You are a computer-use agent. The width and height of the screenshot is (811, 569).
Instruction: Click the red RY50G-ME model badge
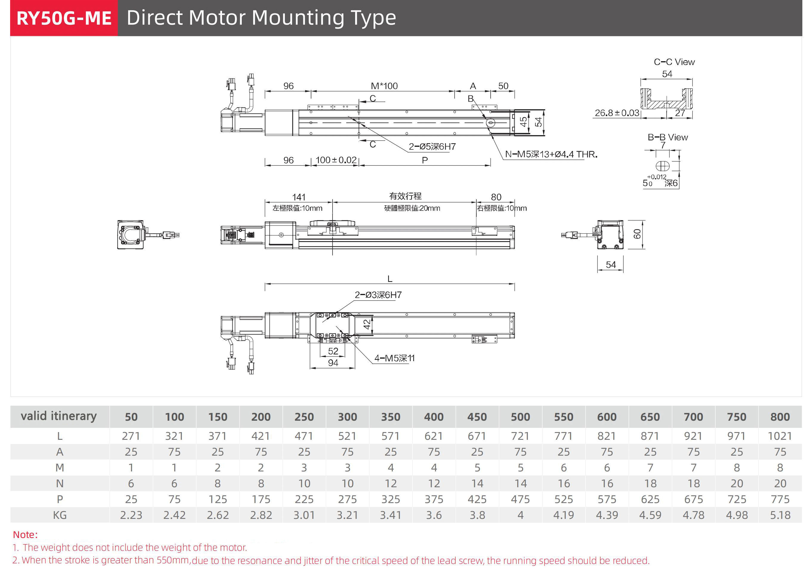(64, 18)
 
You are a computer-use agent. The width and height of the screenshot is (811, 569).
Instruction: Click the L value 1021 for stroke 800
(780, 436)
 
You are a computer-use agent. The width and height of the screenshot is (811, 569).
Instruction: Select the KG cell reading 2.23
(131, 515)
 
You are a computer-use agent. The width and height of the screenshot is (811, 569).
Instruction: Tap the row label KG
(60, 515)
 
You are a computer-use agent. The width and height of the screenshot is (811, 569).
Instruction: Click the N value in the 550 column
(563, 483)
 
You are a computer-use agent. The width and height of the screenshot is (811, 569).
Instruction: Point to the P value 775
(780, 499)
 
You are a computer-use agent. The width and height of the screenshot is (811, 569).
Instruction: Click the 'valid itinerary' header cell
(59, 416)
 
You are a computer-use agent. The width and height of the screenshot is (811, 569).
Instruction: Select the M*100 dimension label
(384, 86)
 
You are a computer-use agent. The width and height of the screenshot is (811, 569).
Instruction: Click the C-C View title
(674, 62)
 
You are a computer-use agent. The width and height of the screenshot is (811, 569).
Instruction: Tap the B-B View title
(668, 137)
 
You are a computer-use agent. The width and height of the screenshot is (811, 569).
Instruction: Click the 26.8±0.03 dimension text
(617, 113)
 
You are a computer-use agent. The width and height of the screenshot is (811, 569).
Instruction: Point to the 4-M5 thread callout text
(394, 358)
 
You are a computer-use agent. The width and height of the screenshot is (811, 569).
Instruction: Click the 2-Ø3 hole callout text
(378, 295)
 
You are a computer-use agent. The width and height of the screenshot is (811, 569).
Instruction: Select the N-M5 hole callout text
(551, 155)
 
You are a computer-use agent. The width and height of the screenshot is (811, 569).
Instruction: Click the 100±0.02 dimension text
(336, 160)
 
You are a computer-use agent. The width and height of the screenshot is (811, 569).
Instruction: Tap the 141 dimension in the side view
(299, 197)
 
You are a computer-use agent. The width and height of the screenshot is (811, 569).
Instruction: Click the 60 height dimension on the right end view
(637, 234)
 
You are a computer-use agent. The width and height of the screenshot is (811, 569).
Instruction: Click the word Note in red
(25, 534)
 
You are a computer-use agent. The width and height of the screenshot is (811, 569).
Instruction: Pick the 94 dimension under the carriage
(333, 363)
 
